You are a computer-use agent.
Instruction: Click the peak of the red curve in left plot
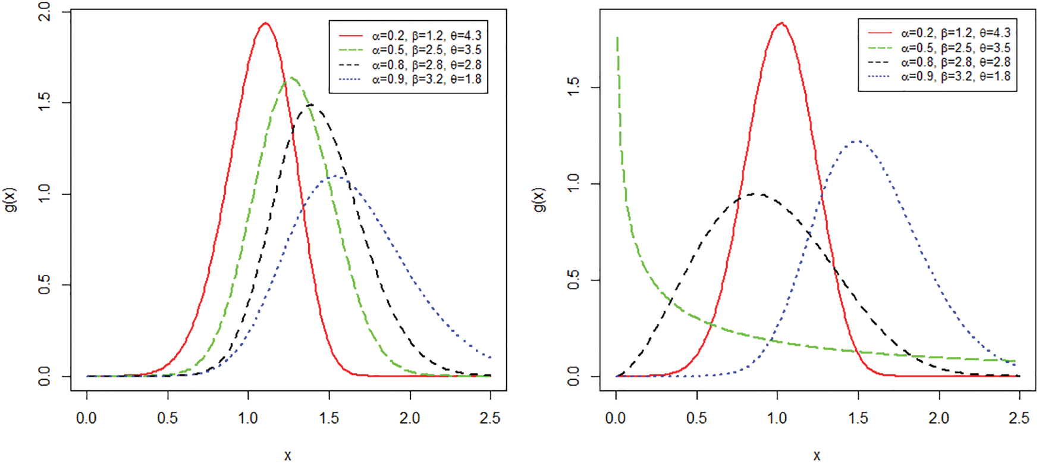coord(265,23)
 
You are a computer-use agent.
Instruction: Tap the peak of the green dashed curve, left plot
coord(291,78)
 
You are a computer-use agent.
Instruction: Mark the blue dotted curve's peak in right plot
coord(857,141)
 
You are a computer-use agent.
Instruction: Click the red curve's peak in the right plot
coord(781,23)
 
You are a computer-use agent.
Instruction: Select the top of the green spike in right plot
coord(617,38)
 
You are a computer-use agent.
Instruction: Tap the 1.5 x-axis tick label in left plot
coord(329,418)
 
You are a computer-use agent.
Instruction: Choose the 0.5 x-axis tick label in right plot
coord(696,418)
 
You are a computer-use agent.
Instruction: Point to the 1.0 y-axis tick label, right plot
coord(573,184)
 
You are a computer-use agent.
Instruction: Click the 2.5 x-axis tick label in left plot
coord(490,418)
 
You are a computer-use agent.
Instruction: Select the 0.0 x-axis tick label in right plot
coord(616,418)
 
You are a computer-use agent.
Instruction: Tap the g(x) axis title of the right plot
coord(539,200)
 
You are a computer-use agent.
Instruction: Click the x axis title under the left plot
coord(288,455)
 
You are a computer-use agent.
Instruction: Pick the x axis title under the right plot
coord(817,455)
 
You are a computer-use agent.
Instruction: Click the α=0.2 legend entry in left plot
coord(426,36)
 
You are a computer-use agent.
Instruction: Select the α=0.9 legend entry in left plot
coord(426,79)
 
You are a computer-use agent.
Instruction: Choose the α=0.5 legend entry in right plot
coord(955,48)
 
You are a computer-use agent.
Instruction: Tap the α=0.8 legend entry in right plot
coord(955,62)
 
